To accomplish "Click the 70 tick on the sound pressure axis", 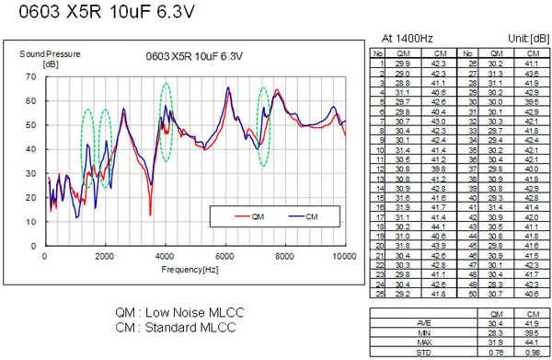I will point(35,77).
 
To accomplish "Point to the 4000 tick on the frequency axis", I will point(166,255).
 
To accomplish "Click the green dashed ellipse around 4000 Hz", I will point(166,122).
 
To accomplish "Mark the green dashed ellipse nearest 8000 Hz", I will point(264,126).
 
